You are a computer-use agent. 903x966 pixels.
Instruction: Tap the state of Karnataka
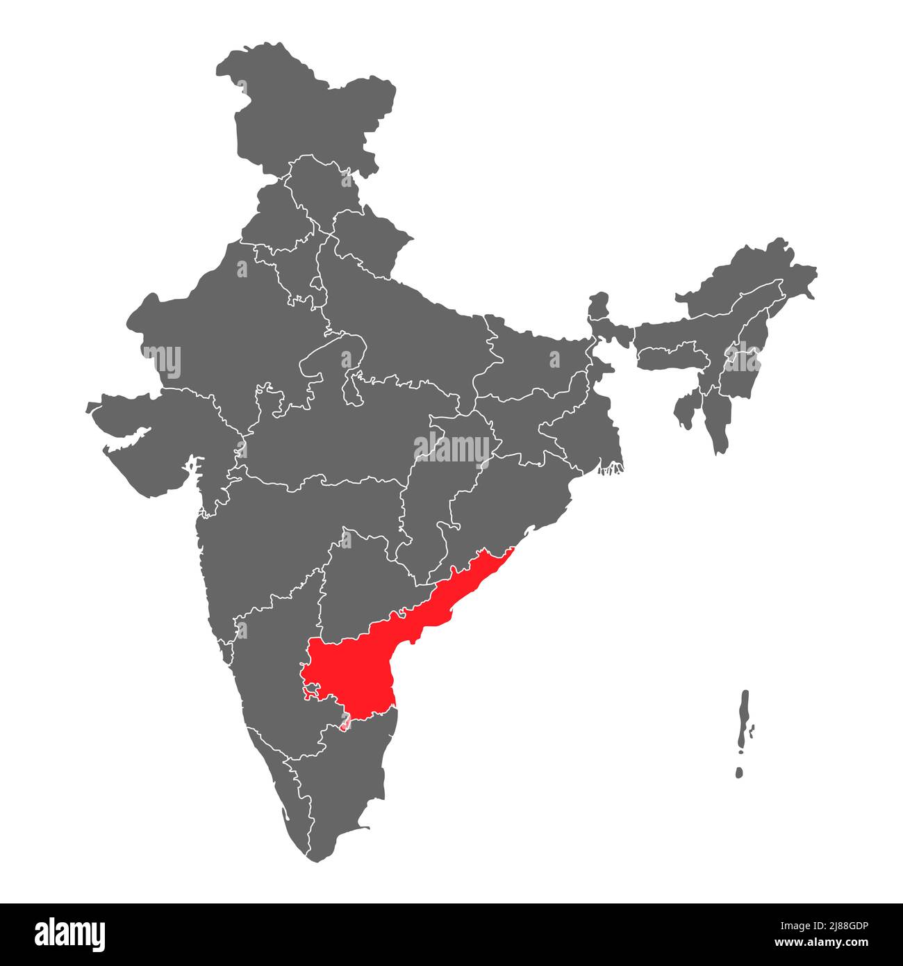(x=271, y=667)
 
